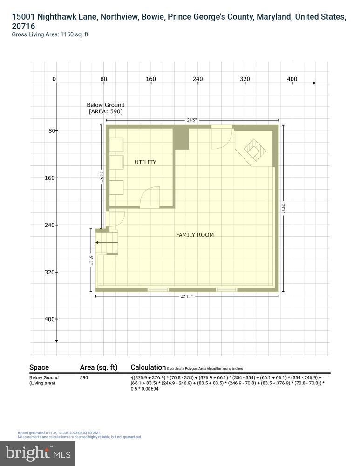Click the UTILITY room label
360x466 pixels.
tap(145, 162)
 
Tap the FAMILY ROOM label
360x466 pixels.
tap(195, 235)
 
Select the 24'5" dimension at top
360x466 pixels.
tap(192, 120)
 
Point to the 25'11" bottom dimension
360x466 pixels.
tap(187, 296)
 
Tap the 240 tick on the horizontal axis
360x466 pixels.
tap(197, 79)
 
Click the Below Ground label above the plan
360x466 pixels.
tap(106, 105)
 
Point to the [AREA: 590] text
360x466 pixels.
tap(106, 112)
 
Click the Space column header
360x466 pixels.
tap(39, 367)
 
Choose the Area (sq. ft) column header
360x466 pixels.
tap(98, 367)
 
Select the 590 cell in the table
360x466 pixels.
tap(84, 377)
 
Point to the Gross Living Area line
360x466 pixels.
tap(50, 34)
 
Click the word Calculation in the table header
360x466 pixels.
tap(148, 367)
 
